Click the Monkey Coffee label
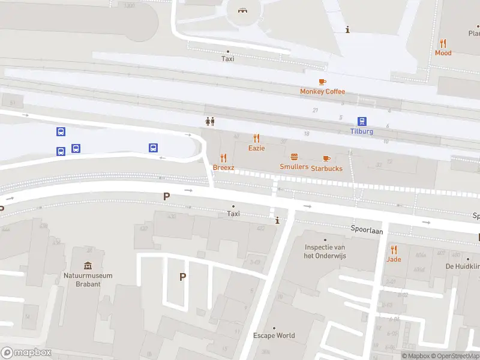coord(323,91)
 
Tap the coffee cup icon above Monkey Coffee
coord(322,82)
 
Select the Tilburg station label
coord(362,131)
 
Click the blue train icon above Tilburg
coord(362,121)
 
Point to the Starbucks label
coord(326,168)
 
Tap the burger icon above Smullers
coord(294,157)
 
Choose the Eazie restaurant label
coord(257,148)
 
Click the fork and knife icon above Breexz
coord(224,158)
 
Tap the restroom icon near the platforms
coord(210,121)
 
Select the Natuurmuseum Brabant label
coord(88,280)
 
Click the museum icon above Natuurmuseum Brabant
coord(88,266)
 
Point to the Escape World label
coord(274,335)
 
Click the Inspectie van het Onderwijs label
coord(325,251)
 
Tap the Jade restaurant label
coord(394,259)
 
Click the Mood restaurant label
coord(443,53)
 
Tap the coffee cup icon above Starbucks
coord(326,158)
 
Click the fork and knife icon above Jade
coord(394,250)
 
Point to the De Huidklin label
coord(462,266)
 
